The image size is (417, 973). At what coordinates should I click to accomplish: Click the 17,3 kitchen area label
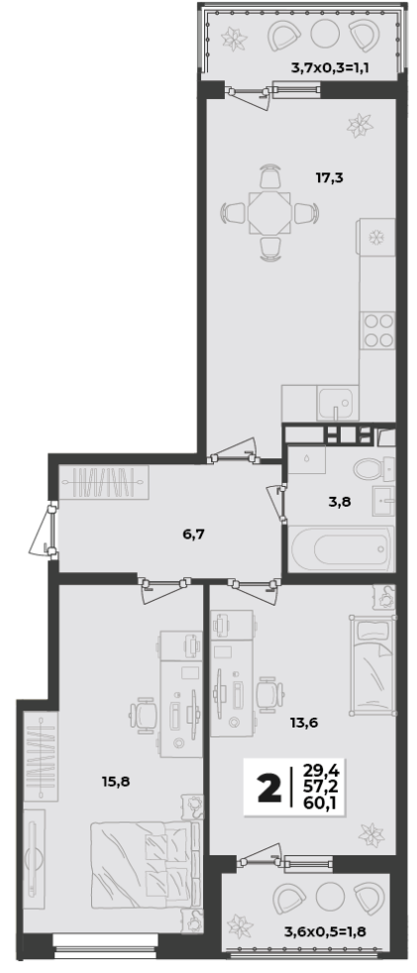(x=330, y=178)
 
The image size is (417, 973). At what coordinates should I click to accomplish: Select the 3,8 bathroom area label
(x=340, y=502)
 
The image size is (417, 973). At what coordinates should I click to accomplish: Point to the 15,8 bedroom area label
(x=116, y=781)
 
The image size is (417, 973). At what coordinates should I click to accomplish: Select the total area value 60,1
(x=316, y=805)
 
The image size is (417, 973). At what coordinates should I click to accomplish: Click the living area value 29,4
(x=316, y=771)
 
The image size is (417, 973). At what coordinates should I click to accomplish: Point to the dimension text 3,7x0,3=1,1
(x=330, y=67)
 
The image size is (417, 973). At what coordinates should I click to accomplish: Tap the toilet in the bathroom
(x=373, y=469)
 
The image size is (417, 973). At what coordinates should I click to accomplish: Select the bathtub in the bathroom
(x=341, y=548)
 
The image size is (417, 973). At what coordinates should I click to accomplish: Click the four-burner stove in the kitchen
(x=378, y=331)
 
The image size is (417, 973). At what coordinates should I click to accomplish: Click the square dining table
(x=269, y=212)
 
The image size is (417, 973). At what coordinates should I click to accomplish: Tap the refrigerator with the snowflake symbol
(x=375, y=237)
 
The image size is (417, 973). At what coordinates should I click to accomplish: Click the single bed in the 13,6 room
(x=371, y=665)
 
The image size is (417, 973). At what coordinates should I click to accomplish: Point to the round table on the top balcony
(x=323, y=35)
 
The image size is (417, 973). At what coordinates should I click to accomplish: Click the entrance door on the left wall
(x=43, y=529)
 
